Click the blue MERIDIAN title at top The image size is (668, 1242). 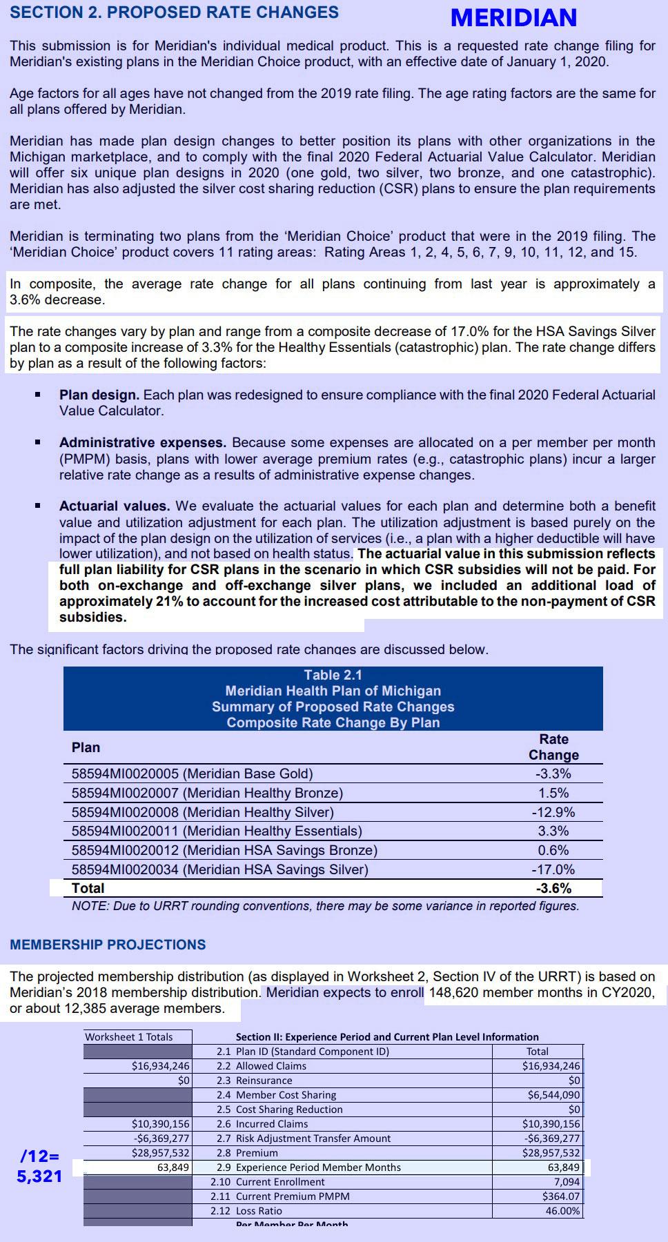pos(513,18)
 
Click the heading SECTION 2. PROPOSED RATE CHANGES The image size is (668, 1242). pos(174,12)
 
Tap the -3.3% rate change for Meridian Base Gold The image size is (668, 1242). pos(553,773)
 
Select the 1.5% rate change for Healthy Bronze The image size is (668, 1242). pos(553,793)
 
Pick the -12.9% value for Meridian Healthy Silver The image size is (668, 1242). pos(553,812)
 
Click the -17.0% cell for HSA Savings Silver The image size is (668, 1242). pos(553,869)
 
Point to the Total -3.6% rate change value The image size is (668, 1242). pos(553,888)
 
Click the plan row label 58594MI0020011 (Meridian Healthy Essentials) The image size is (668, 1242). pos(217,831)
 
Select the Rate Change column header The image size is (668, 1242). pos(553,747)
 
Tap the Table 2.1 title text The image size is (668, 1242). pos(333,675)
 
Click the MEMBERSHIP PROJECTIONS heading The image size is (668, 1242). pos(108,945)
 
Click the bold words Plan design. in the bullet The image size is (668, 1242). pos(99,395)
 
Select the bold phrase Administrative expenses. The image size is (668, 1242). pos(142,442)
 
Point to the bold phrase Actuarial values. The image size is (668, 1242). pos(114,506)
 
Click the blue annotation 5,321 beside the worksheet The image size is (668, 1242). pos(39,1176)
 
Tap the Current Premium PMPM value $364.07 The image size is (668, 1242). pos(561,1196)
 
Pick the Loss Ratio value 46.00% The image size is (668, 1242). pos(562,1210)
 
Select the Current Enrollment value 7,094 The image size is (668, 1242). pos(567,1181)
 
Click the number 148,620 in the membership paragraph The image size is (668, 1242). pos(456,992)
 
